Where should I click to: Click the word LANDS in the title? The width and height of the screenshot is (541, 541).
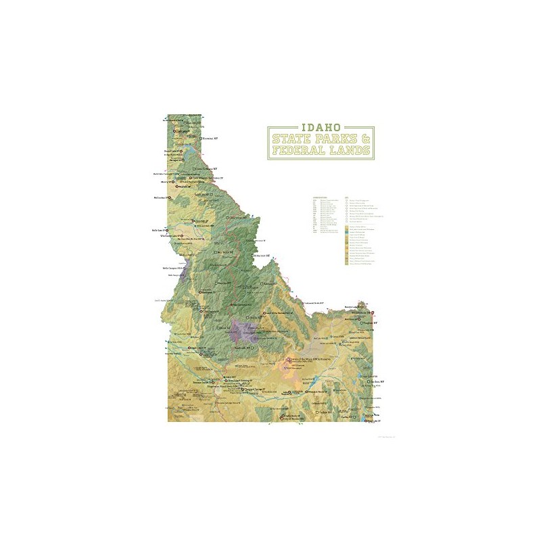350,150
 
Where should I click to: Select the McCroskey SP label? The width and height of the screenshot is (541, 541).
164,198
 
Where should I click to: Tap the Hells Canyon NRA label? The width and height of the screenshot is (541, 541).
174,266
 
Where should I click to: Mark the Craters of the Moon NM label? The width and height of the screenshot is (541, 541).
312,359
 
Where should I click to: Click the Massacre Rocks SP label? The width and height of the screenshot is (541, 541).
315,392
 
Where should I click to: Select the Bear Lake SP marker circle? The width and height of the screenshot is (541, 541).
367,421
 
